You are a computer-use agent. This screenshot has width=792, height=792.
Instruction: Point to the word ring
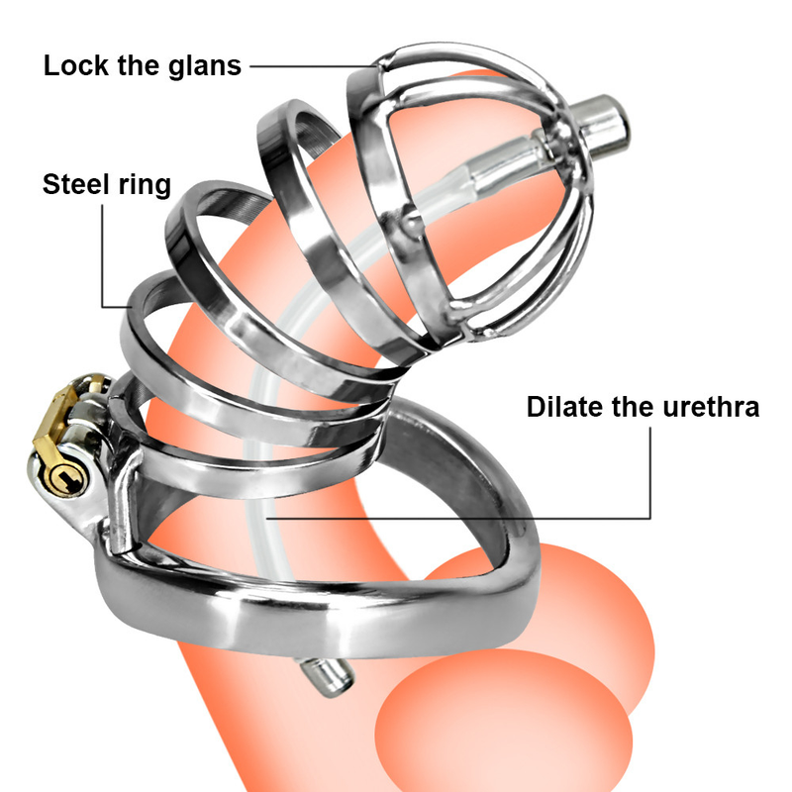coord(146,185)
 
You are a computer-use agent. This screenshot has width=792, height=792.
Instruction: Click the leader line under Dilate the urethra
coord(495,517)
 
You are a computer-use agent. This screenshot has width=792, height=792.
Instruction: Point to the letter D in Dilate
coord(536,407)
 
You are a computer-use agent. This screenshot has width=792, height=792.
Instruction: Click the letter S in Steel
coord(50,185)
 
